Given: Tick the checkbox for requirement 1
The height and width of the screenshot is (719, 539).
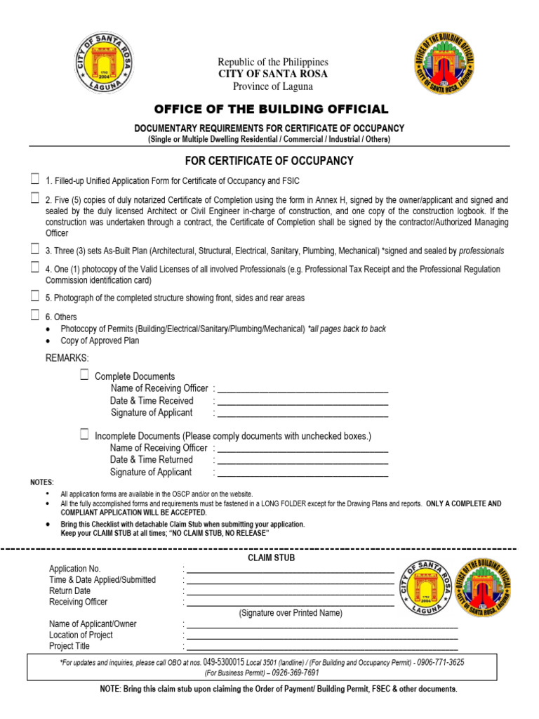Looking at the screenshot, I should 34,178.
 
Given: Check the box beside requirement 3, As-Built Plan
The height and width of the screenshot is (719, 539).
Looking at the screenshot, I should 34,249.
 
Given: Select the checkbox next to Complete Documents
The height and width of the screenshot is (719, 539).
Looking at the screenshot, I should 84,375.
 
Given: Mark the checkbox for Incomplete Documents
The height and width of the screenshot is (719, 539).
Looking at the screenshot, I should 84,434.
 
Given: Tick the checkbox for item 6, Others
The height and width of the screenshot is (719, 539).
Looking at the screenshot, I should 34,315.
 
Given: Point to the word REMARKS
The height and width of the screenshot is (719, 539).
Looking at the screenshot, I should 67,358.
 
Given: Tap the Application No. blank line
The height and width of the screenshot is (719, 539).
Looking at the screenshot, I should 289,570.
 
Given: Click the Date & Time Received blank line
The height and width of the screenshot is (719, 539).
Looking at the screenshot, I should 302,402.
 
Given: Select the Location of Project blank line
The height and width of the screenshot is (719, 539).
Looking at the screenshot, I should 321,637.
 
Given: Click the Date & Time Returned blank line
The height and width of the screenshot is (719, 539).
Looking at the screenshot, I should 302,461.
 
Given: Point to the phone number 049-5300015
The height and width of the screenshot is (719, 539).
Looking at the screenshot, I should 223,662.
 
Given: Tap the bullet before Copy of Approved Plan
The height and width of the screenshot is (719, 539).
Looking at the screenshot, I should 47,341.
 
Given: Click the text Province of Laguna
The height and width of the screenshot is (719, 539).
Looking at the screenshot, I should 273,86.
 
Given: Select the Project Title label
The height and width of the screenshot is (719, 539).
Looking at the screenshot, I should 69,646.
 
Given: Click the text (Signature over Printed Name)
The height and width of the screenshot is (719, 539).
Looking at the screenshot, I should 290,613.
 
